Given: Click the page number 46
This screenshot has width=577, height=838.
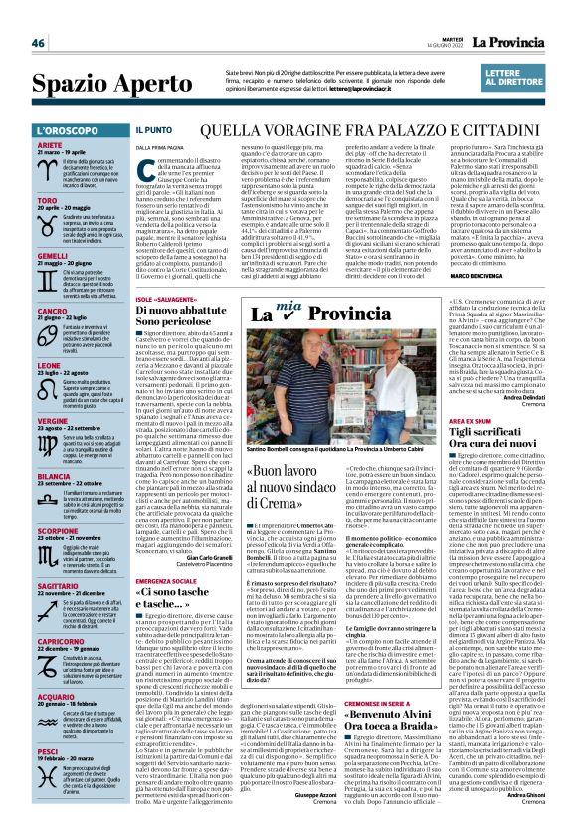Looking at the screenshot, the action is coord(39,43).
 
